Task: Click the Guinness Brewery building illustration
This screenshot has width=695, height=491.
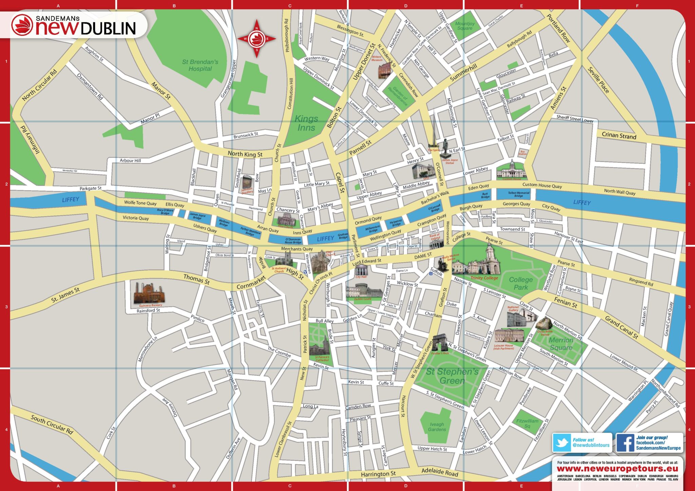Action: point(149,293)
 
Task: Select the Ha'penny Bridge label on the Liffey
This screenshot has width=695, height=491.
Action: point(396,223)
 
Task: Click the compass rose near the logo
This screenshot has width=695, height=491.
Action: point(257,39)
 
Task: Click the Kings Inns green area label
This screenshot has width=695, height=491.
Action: point(306,123)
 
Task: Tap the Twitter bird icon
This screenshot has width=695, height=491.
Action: point(562,443)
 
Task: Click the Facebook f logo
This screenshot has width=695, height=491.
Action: point(625,443)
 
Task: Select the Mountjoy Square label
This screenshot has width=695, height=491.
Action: point(465,26)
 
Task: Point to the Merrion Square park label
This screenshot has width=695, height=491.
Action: point(561,343)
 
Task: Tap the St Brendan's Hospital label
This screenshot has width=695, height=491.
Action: point(200,65)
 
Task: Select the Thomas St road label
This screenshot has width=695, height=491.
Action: point(196,279)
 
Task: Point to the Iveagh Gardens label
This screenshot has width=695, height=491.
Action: point(437,427)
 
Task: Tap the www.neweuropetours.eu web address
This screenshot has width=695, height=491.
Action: point(617,469)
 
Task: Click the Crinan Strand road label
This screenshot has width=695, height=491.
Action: point(619,135)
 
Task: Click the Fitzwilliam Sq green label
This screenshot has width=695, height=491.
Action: point(527,423)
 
